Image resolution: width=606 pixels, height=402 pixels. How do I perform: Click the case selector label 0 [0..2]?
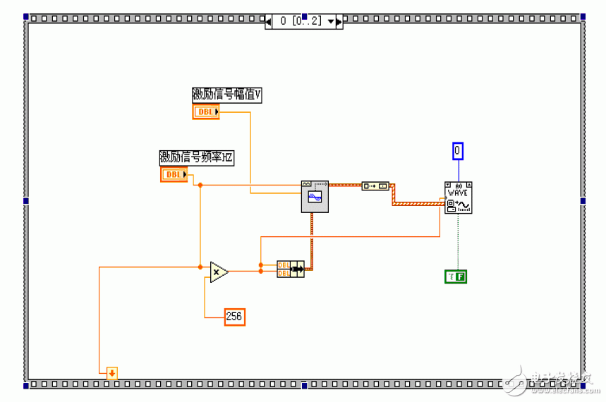[x=301, y=21]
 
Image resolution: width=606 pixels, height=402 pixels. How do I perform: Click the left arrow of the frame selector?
[x=269, y=21]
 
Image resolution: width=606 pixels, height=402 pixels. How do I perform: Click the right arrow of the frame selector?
[x=339, y=21]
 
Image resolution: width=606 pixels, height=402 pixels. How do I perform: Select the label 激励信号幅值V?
[x=226, y=95]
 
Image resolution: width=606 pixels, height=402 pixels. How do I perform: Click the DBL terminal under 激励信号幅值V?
[x=206, y=112]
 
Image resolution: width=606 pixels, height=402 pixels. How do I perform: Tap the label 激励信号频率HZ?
[x=196, y=157]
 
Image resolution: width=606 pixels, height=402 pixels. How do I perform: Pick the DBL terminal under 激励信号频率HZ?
[x=174, y=174]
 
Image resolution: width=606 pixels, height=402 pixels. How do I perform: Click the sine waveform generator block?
[x=315, y=195]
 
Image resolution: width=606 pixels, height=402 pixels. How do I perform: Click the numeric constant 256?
[x=234, y=317]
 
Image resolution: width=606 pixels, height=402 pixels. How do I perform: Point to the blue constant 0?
[x=458, y=150]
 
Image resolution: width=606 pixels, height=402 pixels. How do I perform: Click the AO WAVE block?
[x=458, y=197]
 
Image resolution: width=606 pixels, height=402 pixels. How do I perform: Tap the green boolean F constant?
[x=456, y=276]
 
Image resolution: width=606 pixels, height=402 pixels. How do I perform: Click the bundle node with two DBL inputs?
[x=290, y=269]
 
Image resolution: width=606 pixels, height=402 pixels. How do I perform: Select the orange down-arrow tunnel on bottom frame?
[x=111, y=372]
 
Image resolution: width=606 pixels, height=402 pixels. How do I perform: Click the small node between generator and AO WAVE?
[x=375, y=185]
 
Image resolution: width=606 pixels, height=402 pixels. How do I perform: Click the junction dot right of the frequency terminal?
[x=200, y=185]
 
